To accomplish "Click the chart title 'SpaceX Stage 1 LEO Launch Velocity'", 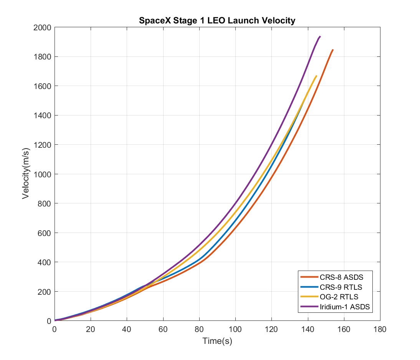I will (217, 20).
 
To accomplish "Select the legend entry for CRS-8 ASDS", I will (341, 277).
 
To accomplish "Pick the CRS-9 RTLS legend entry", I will (341, 287).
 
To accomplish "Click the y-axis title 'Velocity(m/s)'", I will (26, 174).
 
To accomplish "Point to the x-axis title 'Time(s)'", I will (217, 341).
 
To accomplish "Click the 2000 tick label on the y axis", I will (43, 27).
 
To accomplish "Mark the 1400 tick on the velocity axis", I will (43, 116).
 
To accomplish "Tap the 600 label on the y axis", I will (45, 233).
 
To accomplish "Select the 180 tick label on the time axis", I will (380, 329).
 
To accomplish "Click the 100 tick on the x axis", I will (235, 329).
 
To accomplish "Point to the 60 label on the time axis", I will (163, 329).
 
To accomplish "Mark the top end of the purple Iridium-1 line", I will (320, 36).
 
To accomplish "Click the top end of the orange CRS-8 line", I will (332, 50).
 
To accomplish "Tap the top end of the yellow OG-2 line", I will (316, 76).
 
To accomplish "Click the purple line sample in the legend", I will (309, 306).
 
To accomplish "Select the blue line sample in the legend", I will (309, 287).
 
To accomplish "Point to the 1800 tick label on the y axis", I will (43, 57).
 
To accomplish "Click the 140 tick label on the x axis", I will (308, 329).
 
